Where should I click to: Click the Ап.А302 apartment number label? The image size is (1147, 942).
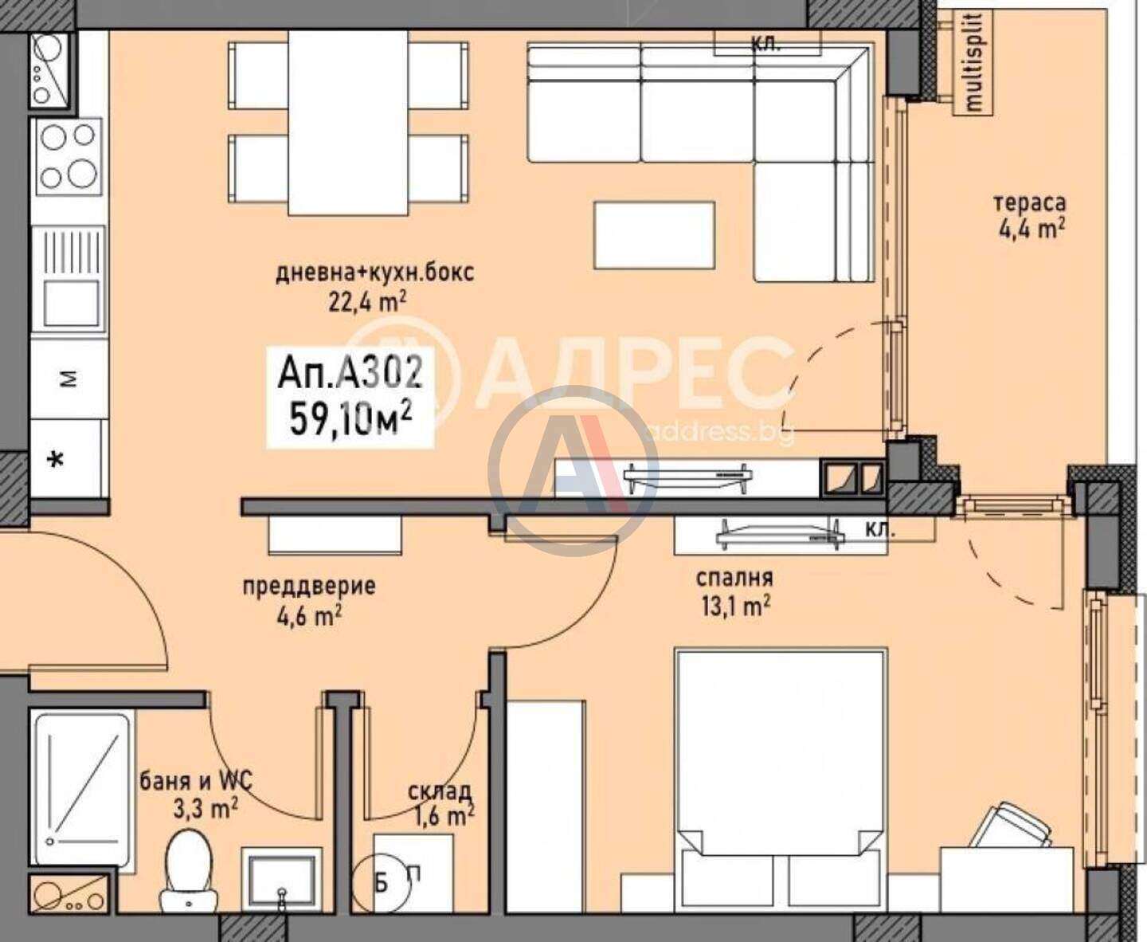350,374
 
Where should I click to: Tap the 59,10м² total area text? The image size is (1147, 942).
350,419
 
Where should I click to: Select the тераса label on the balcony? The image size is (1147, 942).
1030,203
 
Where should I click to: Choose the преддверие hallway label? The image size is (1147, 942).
309,587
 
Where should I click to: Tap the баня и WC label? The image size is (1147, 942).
196,782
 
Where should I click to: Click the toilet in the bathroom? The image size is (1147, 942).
189,876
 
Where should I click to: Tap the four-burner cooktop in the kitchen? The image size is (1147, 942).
69,157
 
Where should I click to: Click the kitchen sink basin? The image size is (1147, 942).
71,301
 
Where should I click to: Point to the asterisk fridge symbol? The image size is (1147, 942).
56,461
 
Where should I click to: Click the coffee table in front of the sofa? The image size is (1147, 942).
654,235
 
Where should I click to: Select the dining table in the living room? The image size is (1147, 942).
348,123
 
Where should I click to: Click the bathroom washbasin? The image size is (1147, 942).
281,879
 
